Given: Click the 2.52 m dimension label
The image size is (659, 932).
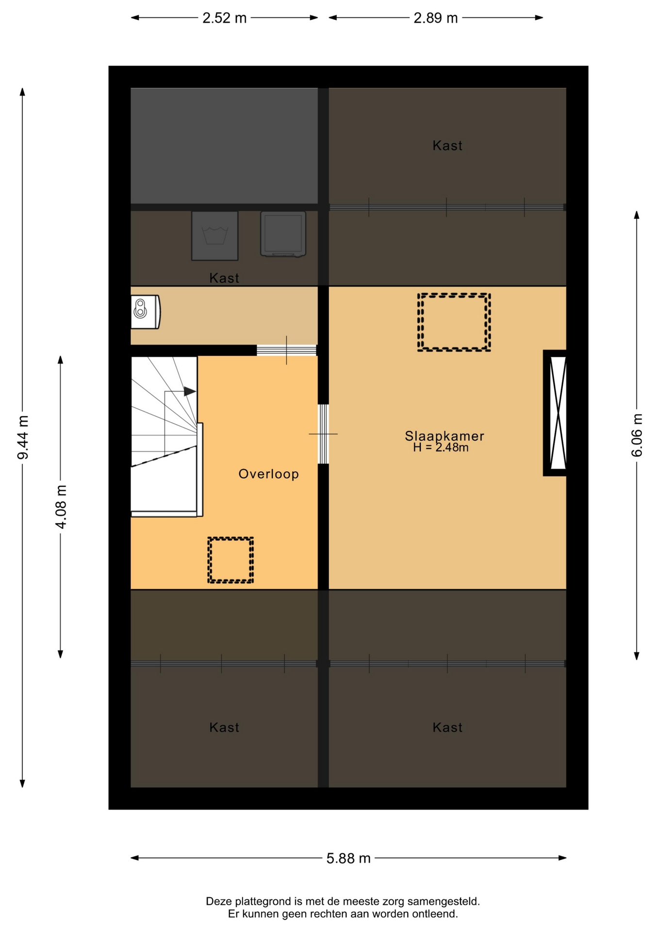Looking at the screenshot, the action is coord(224,18).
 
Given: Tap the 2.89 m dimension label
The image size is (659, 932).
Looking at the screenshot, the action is coord(435,18).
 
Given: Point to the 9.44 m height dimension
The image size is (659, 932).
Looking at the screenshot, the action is coord(23,437).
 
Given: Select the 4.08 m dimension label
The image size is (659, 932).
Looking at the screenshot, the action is coord(61,506).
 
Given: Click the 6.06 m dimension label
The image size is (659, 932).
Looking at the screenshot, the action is coord(637,435).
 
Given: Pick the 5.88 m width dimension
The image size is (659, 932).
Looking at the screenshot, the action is coord(348,858).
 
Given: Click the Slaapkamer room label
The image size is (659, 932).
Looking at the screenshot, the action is coord(444,436).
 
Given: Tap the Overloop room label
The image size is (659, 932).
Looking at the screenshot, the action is coord(268,474).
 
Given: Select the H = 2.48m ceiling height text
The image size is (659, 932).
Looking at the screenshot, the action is coord(441,448).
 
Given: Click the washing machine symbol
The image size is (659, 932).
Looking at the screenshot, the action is coord(214,235).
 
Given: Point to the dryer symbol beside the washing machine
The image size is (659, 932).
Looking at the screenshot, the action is coord(283,233).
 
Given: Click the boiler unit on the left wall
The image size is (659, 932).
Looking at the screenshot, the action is coord(145,312).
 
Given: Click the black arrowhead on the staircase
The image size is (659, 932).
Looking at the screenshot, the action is coord(190,391).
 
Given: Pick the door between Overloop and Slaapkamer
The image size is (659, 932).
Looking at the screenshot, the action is coord(323,433).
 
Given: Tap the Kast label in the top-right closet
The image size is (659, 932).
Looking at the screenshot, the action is coord(447,146).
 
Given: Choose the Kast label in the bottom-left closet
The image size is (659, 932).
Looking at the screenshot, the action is coord(224,727).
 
